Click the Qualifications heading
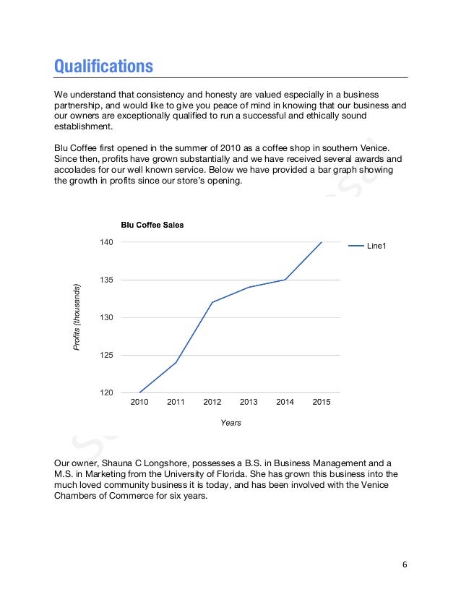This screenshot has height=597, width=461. pyautogui.click(x=103, y=66)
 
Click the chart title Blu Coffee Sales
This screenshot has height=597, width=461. pyautogui.click(x=147, y=225)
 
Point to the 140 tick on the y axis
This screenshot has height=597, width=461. pyautogui.click(x=107, y=242)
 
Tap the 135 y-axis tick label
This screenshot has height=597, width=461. pyautogui.click(x=107, y=280)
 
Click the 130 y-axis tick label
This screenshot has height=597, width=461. pyautogui.click(x=107, y=317)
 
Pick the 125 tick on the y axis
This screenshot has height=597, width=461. pyautogui.click(x=107, y=355)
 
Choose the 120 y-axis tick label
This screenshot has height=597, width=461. pyautogui.click(x=107, y=392)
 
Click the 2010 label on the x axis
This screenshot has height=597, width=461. pyautogui.click(x=139, y=403)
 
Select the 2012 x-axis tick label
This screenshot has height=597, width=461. pyautogui.click(x=212, y=403)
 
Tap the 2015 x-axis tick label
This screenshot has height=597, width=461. pyautogui.click(x=322, y=403)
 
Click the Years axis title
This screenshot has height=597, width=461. pyautogui.click(x=231, y=423)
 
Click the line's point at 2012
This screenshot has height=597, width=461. pyautogui.click(x=212, y=302)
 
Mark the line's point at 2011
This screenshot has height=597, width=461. pyautogui.click(x=176, y=362)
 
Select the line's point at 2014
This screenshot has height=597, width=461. pyautogui.click(x=285, y=280)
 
